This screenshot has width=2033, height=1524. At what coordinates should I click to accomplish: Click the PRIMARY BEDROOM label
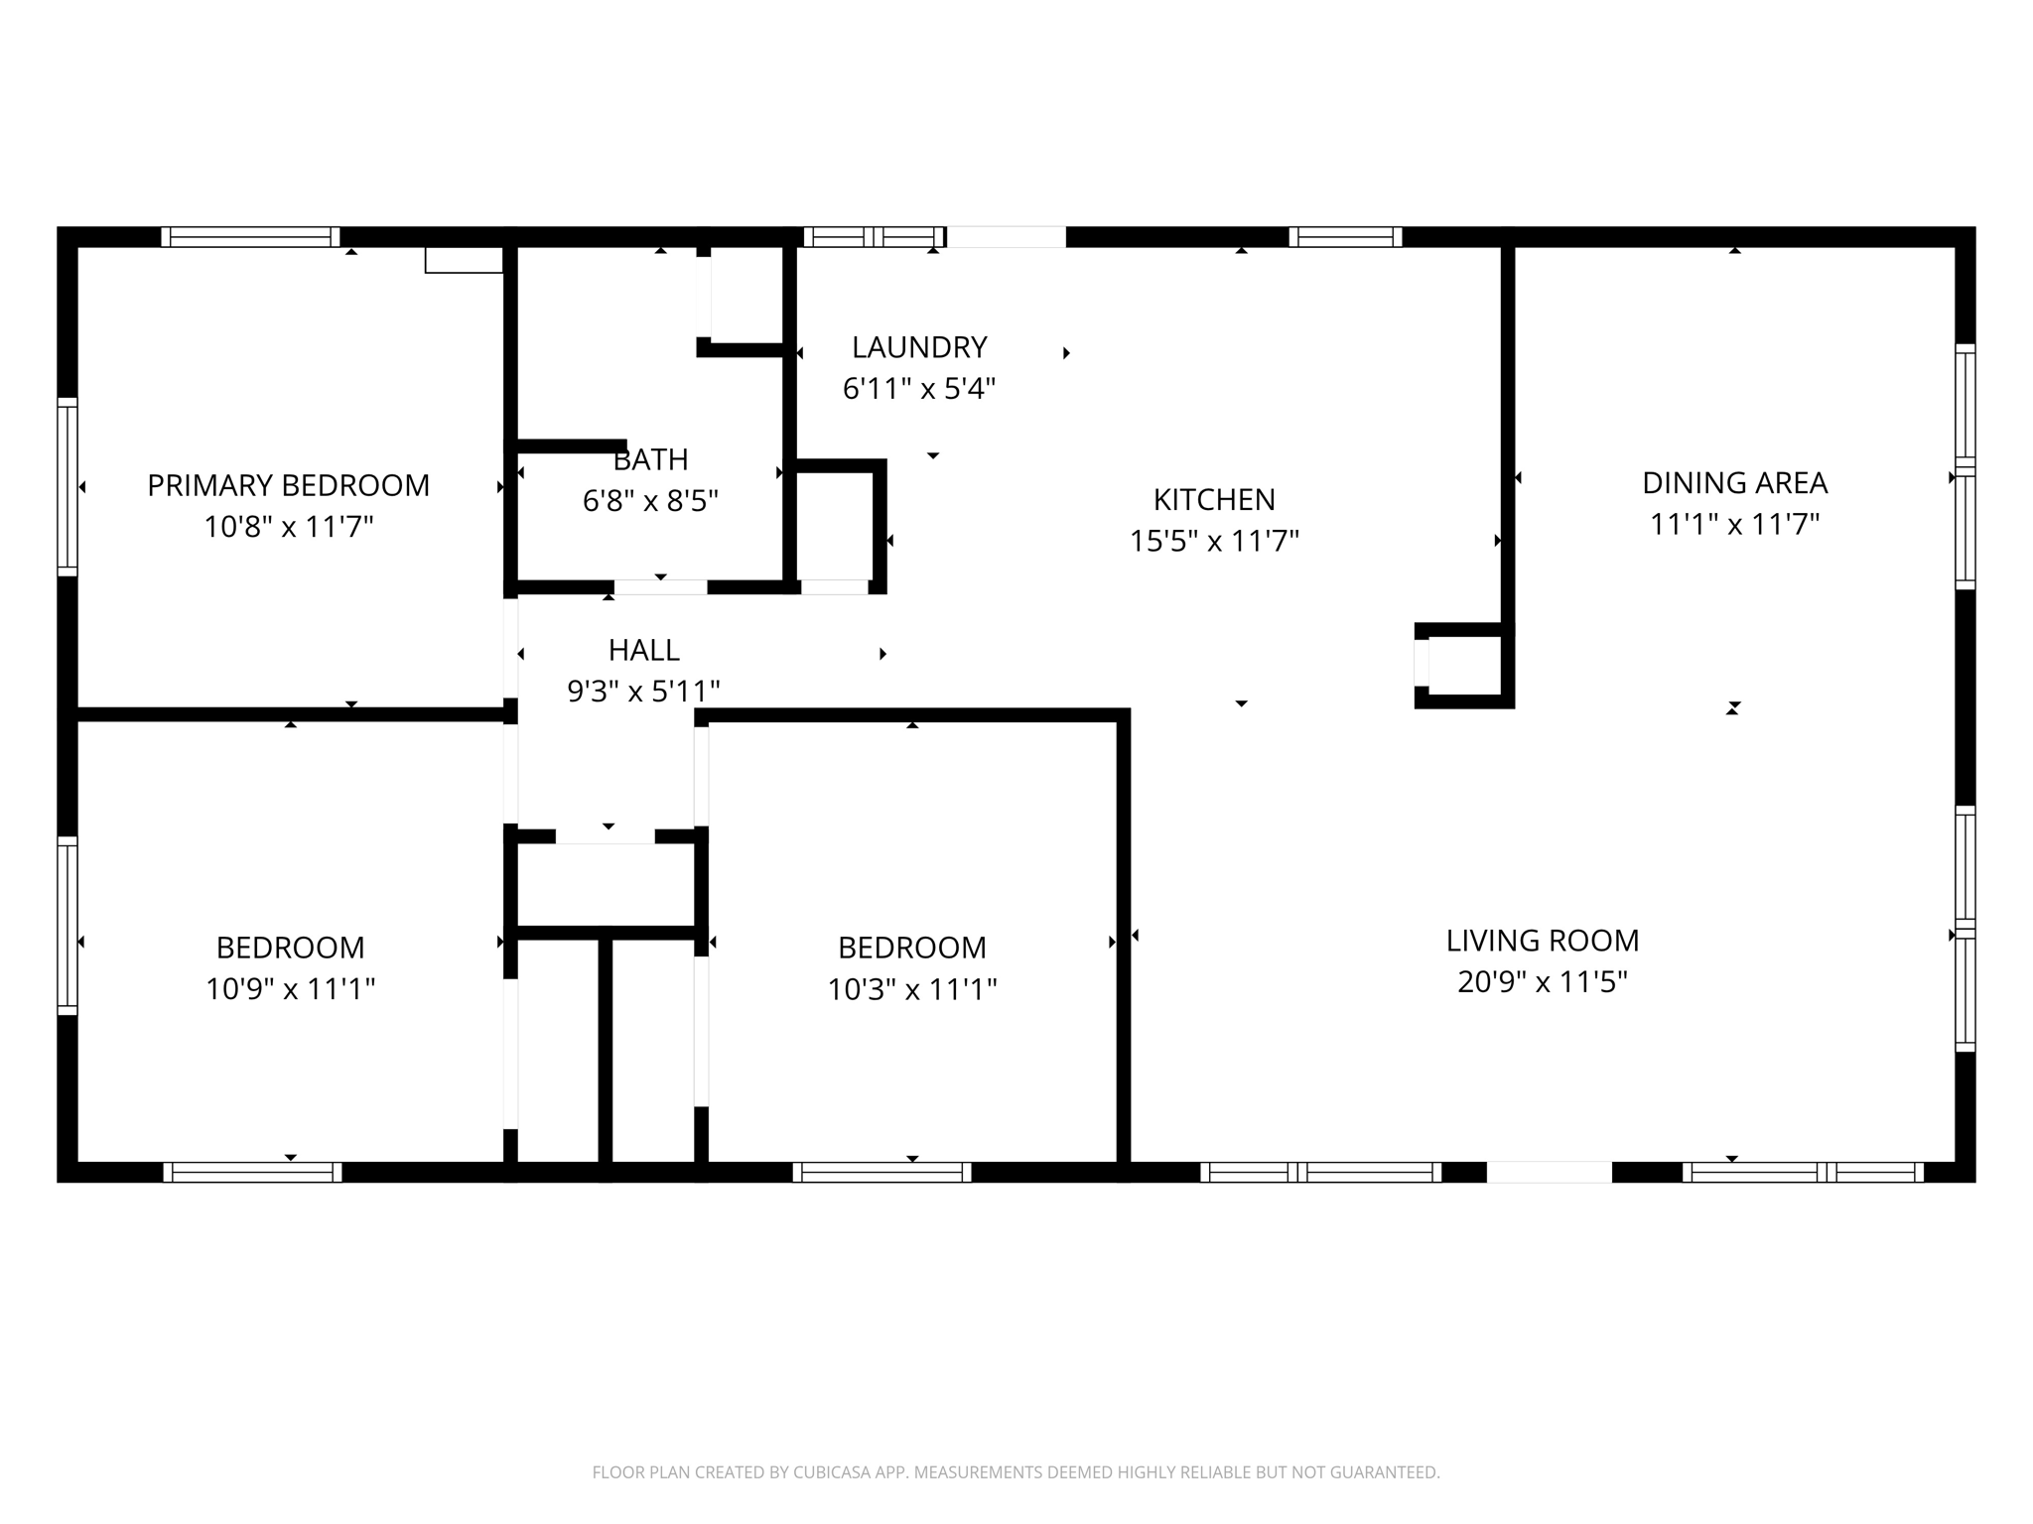point(288,485)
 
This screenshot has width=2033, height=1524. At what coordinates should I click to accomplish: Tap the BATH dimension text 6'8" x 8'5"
point(650,501)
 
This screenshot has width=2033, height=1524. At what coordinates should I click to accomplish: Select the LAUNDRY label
point(919,347)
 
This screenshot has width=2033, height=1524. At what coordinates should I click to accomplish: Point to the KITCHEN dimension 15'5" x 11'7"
point(1214,541)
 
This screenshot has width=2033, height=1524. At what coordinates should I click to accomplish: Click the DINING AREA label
point(1734,483)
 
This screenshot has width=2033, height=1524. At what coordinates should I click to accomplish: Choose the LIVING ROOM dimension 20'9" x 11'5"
point(1542,981)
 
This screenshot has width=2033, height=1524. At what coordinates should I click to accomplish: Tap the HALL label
point(643,650)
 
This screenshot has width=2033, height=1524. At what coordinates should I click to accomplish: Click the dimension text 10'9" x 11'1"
point(290,989)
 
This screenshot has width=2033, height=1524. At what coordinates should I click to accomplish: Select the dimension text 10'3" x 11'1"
point(911,989)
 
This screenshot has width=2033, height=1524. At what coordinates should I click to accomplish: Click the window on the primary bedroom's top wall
point(250,237)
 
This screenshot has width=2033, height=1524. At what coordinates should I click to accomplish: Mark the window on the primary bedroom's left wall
point(68,486)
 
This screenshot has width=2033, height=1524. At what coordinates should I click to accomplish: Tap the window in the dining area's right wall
point(1965,465)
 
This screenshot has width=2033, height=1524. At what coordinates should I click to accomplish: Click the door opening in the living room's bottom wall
point(1549,1172)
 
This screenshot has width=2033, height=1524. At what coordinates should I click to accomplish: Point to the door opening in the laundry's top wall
point(1007,237)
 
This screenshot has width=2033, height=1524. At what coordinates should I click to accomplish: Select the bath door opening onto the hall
point(660,587)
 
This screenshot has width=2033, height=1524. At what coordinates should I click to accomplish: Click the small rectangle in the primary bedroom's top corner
point(464,260)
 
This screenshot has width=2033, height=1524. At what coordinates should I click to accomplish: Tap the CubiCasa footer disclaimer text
point(1016,1472)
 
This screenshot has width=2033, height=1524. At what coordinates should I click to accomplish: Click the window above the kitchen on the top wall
point(1345,237)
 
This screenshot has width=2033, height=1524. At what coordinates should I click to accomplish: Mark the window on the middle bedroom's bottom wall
point(881,1172)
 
